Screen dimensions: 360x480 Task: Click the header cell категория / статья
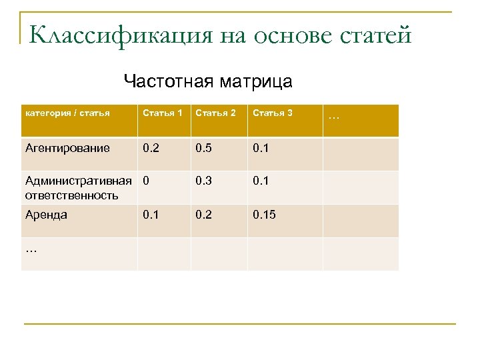[x=67, y=113]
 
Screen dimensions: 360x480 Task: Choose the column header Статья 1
[x=163, y=113]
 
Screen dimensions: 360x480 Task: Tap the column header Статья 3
[x=272, y=113]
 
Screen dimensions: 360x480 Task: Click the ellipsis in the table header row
[x=335, y=117]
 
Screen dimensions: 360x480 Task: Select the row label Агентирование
[x=67, y=148]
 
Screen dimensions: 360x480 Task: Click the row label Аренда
[x=46, y=215]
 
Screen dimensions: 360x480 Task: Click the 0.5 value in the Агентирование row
[x=204, y=148]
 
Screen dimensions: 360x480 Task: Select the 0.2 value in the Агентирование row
[x=151, y=148]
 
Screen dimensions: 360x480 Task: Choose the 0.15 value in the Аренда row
[x=265, y=215]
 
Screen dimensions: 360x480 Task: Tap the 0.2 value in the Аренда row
[x=204, y=215]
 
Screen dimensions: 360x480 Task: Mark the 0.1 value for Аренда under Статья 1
[x=151, y=215]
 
